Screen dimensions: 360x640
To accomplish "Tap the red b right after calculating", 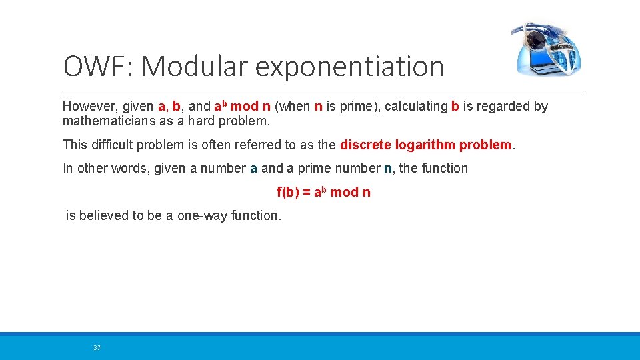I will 455,107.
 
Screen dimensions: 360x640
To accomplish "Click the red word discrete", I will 365,145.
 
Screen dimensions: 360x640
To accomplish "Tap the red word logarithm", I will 425,145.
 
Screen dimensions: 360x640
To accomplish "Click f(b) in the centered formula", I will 288,193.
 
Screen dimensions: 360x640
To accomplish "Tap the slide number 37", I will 97,348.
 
